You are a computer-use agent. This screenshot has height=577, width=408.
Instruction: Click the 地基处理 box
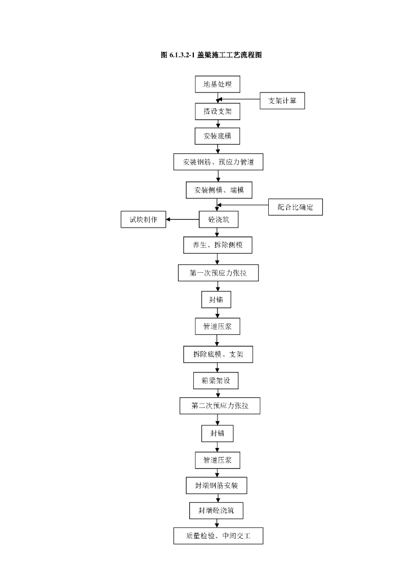[218, 85]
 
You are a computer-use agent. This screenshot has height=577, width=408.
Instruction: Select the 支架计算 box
[282, 101]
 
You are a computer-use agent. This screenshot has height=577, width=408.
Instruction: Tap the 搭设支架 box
[218, 112]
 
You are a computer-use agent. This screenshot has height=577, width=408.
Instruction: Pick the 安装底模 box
[218, 136]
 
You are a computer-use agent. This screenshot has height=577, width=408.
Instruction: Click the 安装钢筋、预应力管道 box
[218, 162]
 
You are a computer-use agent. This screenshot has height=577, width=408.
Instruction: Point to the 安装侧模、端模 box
[219, 190]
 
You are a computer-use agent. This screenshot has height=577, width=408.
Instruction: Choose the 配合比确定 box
[295, 207]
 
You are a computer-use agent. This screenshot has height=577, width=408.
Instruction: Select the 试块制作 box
[144, 219]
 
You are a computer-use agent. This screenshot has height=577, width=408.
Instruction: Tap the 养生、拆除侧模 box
[218, 245]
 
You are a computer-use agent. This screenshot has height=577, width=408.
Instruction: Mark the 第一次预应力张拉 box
[218, 273]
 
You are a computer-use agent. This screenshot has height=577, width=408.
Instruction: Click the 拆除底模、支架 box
[218, 354]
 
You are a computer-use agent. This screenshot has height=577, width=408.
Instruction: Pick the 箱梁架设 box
[216, 380]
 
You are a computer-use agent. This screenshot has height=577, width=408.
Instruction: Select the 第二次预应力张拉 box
[220, 406]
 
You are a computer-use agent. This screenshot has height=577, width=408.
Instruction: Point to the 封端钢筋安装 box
[216, 485]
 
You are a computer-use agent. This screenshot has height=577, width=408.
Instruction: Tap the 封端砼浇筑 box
[216, 511]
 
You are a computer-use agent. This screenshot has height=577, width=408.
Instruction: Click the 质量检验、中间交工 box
[218, 536]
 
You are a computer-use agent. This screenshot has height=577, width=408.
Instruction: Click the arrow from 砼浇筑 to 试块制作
[183, 219]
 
